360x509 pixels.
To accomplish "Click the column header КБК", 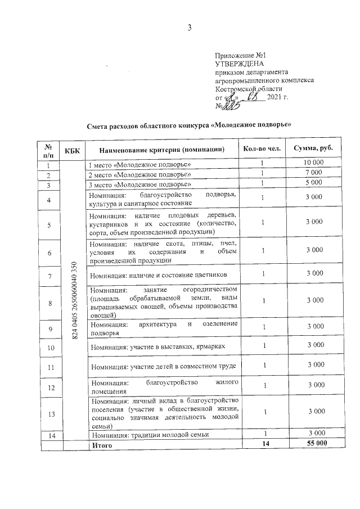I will point(72,150).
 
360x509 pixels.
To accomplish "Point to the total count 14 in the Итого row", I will point(262,444).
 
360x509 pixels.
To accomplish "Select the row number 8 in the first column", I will point(50,303).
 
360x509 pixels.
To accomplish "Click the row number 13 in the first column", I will point(50,414).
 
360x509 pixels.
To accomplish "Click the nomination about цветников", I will point(159,275).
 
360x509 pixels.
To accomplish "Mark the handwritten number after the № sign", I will point(232,106).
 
